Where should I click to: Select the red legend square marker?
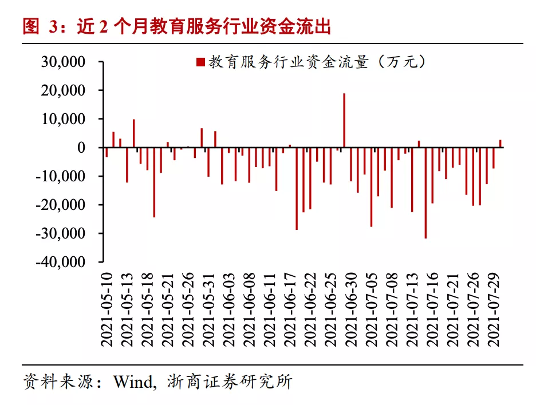[x=200, y=62]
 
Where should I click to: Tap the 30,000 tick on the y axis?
[x=63, y=62]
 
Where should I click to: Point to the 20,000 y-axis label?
[x=63, y=90]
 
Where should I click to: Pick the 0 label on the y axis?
[x=81, y=148]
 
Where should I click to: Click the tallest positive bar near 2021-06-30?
[x=344, y=120]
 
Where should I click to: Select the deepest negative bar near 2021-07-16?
[x=425, y=193]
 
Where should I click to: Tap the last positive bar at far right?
[x=500, y=144]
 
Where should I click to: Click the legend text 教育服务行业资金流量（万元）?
[x=317, y=62]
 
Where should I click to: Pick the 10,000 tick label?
[x=63, y=119]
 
